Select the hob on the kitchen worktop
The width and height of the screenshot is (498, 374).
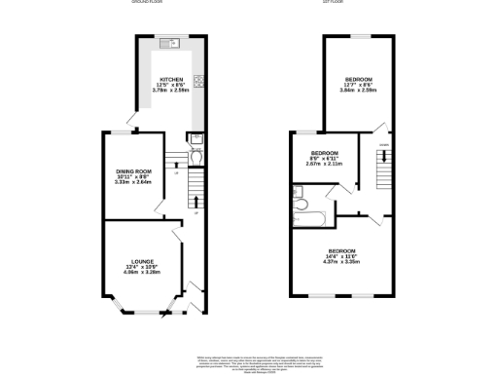tap(198, 82)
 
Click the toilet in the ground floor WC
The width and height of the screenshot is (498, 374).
tap(196, 153)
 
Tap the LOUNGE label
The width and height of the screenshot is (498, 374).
tap(140, 261)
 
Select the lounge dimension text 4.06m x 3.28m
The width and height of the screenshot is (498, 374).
tap(140, 273)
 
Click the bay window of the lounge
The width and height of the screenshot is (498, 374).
tap(140, 311)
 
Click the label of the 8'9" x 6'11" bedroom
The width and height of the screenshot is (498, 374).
tap(324, 154)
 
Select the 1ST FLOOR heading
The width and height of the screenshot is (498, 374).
tap(359, 3)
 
